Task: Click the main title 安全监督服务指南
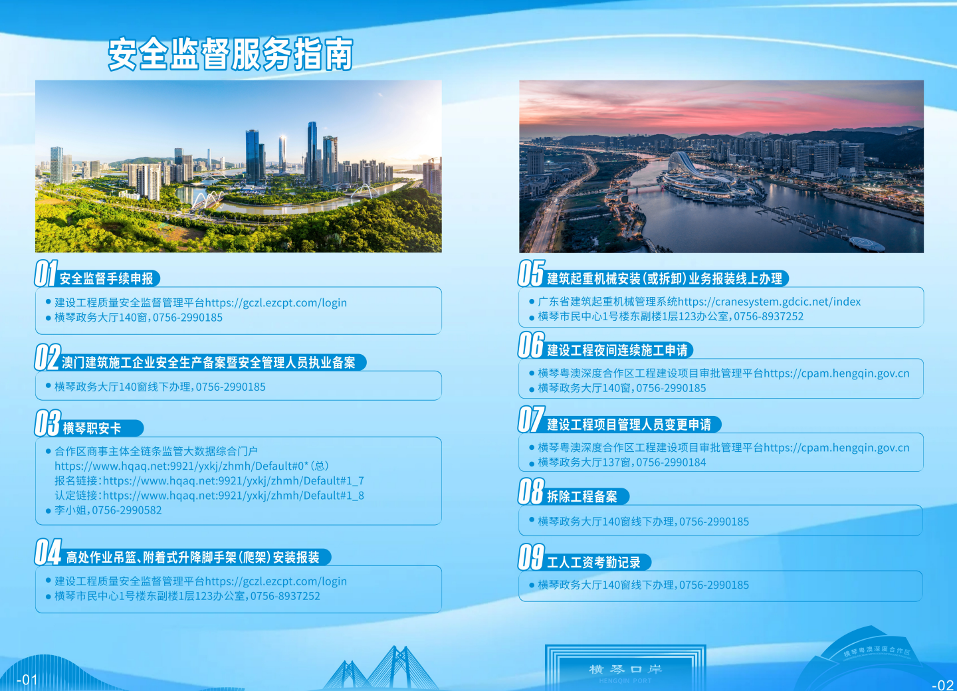tap(230, 54)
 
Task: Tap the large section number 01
tap(46, 273)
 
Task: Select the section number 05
tap(531, 273)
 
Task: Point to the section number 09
tap(531, 557)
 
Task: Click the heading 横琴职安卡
tap(92, 429)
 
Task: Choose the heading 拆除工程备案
tap(582, 497)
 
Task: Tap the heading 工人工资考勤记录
tap(594, 563)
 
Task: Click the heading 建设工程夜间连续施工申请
tap(617, 351)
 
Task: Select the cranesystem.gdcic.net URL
tap(769, 302)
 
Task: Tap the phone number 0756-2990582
tap(127, 510)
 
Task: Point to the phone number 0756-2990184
tap(671, 462)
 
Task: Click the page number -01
tap(27, 680)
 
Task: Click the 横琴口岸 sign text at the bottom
tap(625, 669)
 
